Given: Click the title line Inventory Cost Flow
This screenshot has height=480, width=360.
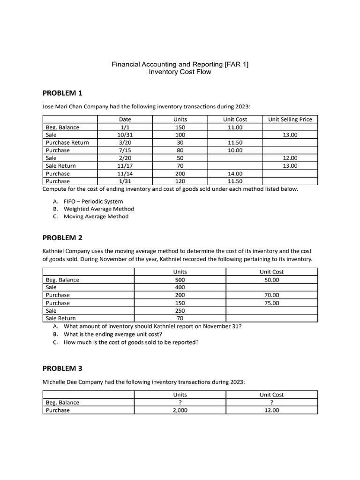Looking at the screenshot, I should [180, 72].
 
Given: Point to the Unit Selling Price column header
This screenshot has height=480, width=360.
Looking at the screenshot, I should [290, 120].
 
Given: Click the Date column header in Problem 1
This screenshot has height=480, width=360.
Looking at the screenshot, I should [125, 120].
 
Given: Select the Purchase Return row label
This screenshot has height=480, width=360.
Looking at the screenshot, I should [67, 142].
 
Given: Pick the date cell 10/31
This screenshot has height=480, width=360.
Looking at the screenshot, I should [125, 135].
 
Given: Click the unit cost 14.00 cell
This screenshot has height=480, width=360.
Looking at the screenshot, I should [234, 173].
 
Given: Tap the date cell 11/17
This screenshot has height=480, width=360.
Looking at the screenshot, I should [125, 166].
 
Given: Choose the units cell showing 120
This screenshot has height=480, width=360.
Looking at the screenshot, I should [180, 181].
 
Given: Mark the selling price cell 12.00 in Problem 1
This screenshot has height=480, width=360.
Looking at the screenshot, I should [290, 158].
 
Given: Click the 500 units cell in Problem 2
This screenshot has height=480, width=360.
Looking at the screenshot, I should [180, 280].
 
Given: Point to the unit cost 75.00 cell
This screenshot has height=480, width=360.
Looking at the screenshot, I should [272, 303].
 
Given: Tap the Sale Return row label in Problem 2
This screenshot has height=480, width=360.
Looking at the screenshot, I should [60, 318].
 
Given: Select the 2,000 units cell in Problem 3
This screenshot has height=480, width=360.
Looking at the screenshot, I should [180, 410].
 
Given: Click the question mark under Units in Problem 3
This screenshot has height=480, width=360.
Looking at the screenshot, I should [180, 402].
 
